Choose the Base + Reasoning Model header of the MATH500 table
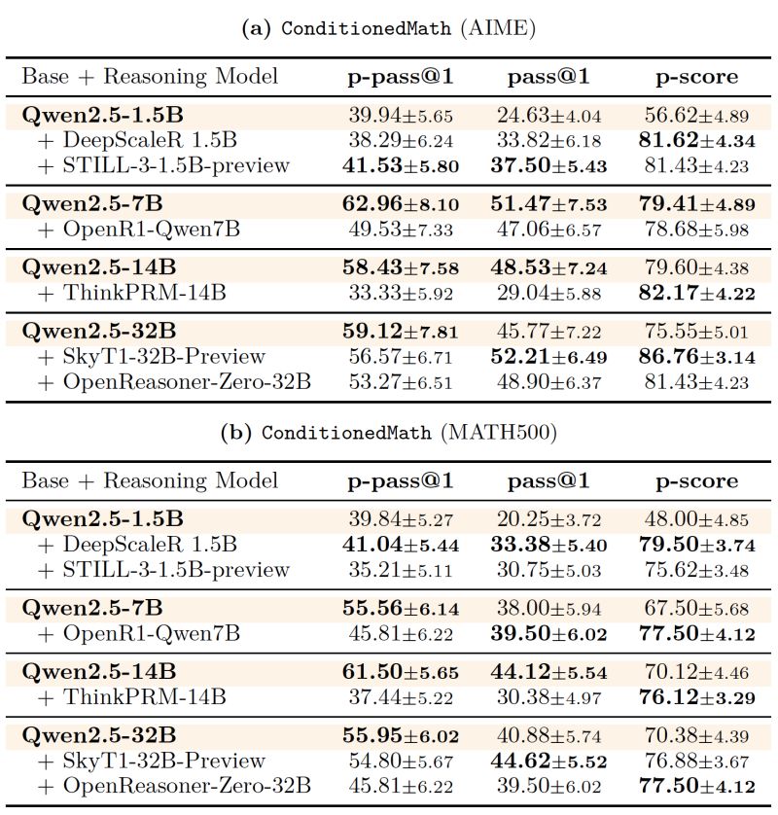[x=150, y=480]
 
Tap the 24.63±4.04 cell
[x=548, y=115]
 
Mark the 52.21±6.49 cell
[x=548, y=357]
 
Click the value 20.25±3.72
[x=548, y=518]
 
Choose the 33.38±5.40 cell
[x=548, y=545]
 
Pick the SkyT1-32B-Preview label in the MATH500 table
[x=164, y=761]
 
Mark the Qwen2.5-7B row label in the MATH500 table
[x=92, y=609]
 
